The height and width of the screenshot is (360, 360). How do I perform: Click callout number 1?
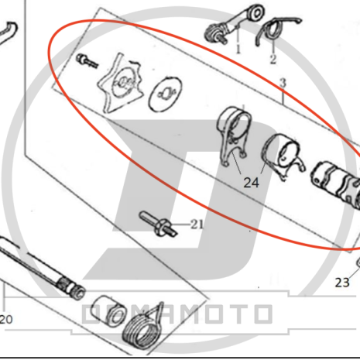pos(238,50)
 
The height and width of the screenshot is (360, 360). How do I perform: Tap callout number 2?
pos(273,60)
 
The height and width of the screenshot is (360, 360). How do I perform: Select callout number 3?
pos(283,83)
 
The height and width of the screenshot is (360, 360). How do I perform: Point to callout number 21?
pos(197,225)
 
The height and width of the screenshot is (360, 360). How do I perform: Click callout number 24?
pos(251,183)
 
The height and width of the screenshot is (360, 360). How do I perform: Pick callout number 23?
pos(342,283)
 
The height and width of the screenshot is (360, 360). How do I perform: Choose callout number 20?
pos(6,320)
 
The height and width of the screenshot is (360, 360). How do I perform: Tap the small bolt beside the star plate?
pos(87,61)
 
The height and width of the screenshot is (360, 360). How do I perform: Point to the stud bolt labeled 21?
pos(159,224)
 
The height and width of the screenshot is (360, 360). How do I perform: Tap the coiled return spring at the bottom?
pos(142,328)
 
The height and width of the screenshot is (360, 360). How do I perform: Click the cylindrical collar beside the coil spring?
pos(109,310)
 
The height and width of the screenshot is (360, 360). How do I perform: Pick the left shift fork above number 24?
pos(234,136)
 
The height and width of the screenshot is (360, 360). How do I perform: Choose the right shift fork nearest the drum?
pos(283,156)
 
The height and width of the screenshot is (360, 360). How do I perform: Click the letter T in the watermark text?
pos(231,314)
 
